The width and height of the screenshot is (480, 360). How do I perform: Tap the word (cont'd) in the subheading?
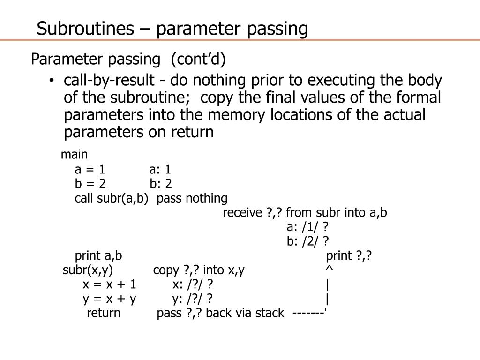click(198, 60)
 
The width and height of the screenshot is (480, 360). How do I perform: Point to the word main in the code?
click(74, 154)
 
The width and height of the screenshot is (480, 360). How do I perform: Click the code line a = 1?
click(90, 169)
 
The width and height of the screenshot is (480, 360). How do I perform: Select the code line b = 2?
click(90, 184)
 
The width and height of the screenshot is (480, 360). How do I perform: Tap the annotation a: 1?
click(160, 169)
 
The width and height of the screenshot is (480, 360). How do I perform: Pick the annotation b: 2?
click(161, 184)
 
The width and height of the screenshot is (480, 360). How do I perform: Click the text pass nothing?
click(192, 198)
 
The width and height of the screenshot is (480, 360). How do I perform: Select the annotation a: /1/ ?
click(307, 227)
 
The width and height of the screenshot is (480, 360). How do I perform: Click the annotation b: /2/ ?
click(308, 241)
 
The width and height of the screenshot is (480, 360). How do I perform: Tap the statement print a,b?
click(98, 256)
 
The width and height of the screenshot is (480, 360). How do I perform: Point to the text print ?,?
click(349, 256)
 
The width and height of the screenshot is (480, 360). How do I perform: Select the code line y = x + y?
click(109, 299)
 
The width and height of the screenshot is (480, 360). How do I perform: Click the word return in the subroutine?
click(104, 313)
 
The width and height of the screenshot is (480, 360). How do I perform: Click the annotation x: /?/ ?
click(193, 285)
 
